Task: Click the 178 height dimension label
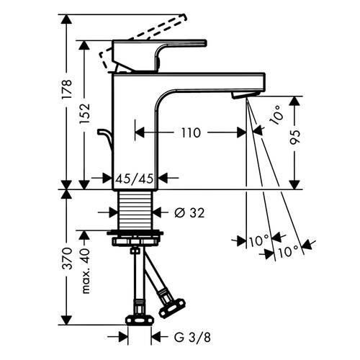tap(66, 89)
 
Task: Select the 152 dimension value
tap(84, 113)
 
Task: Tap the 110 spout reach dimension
tap(191, 132)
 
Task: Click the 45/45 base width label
tap(135, 179)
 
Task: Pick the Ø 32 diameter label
tap(189, 212)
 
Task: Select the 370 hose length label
tap(66, 258)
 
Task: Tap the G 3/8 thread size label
tap(192, 338)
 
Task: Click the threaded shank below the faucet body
tap(135, 210)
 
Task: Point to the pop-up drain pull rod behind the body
tap(106, 139)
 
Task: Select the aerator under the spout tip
tap(246, 94)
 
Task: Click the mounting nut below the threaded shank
tap(135, 238)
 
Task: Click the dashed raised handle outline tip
tap(184, 17)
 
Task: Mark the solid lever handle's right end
tap(206, 42)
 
